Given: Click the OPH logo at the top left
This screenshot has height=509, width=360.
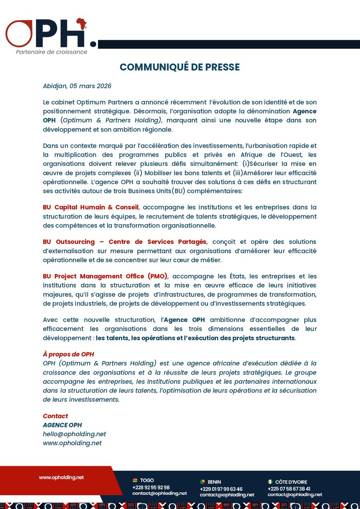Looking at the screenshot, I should point(49,34).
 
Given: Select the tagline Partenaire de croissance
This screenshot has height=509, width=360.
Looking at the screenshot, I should point(51,52).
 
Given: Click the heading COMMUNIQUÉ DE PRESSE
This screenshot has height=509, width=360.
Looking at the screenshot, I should point(180,67).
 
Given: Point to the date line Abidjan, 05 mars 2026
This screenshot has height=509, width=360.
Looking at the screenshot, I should point(77,86).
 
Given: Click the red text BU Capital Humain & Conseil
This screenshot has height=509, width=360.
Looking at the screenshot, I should point(91,207).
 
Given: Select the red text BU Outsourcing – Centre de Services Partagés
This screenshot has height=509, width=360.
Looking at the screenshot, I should point(125,242).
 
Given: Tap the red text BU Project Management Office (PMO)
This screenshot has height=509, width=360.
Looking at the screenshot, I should point(105,276).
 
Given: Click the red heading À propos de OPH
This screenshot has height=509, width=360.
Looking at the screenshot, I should point(68,354).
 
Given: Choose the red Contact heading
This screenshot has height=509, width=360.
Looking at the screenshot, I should point(55,416).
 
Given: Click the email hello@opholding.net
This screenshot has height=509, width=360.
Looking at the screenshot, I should point(74,434).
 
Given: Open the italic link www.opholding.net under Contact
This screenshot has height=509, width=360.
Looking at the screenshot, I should point(72,443).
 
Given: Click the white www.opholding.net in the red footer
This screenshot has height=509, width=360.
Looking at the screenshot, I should point(61,477).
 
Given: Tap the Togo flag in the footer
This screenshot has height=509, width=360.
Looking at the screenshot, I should point(135,481).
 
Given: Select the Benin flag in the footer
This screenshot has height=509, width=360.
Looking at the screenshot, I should point(203,482).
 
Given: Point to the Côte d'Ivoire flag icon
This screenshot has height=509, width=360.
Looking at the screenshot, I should point(271,482).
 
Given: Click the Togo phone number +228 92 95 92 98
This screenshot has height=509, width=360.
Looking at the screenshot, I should point(151,487).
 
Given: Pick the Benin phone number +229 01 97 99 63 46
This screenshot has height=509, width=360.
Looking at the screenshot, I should point(221,489).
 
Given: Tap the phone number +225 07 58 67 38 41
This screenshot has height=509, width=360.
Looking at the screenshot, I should point(289,489).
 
